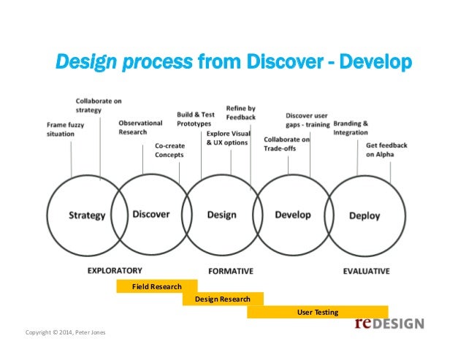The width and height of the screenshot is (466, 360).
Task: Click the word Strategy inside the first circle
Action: pyautogui.click(x=87, y=215)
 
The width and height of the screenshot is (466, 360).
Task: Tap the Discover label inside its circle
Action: pyautogui.click(x=151, y=214)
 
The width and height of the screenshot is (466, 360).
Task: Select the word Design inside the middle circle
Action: pyautogui.click(x=222, y=215)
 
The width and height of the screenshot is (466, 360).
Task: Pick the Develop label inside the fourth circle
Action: pyautogui.click(x=293, y=215)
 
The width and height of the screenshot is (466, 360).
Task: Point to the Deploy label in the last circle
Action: pyautogui.click(x=364, y=215)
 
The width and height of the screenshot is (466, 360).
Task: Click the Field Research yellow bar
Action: pyautogui.click(x=157, y=287)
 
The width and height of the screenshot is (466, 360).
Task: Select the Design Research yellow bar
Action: pyautogui.click(x=222, y=299)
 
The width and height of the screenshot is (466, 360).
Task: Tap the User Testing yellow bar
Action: pyautogui.click(x=318, y=313)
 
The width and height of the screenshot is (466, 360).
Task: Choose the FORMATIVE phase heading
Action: pyautogui.click(x=231, y=271)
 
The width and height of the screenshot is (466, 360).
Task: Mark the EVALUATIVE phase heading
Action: pyautogui.click(x=366, y=271)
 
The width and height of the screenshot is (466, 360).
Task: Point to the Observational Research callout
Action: pyautogui.click(x=140, y=127)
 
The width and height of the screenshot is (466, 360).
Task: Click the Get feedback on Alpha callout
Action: pyautogui.click(x=386, y=150)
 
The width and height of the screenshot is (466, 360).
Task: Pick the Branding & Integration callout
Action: pyautogui.click(x=351, y=128)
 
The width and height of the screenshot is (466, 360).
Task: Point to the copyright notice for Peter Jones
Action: pyautogui.click(x=65, y=333)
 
